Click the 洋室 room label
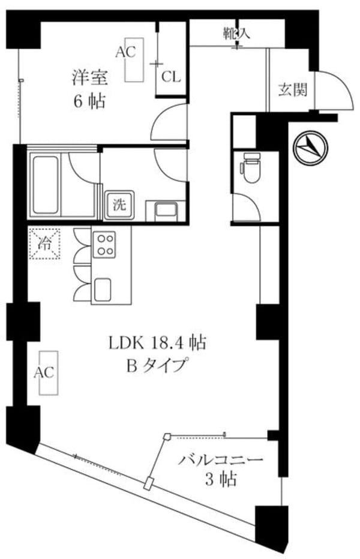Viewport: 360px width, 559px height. pos(89,77)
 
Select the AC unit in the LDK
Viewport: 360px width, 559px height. pos(46,372)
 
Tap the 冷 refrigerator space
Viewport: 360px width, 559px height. pos(45,244)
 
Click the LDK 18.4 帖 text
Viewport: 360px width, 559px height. pos(158,343)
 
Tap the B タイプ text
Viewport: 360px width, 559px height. pos(157,364)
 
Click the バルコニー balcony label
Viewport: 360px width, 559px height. pos(221,461)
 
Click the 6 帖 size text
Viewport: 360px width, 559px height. pos(89,100)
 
